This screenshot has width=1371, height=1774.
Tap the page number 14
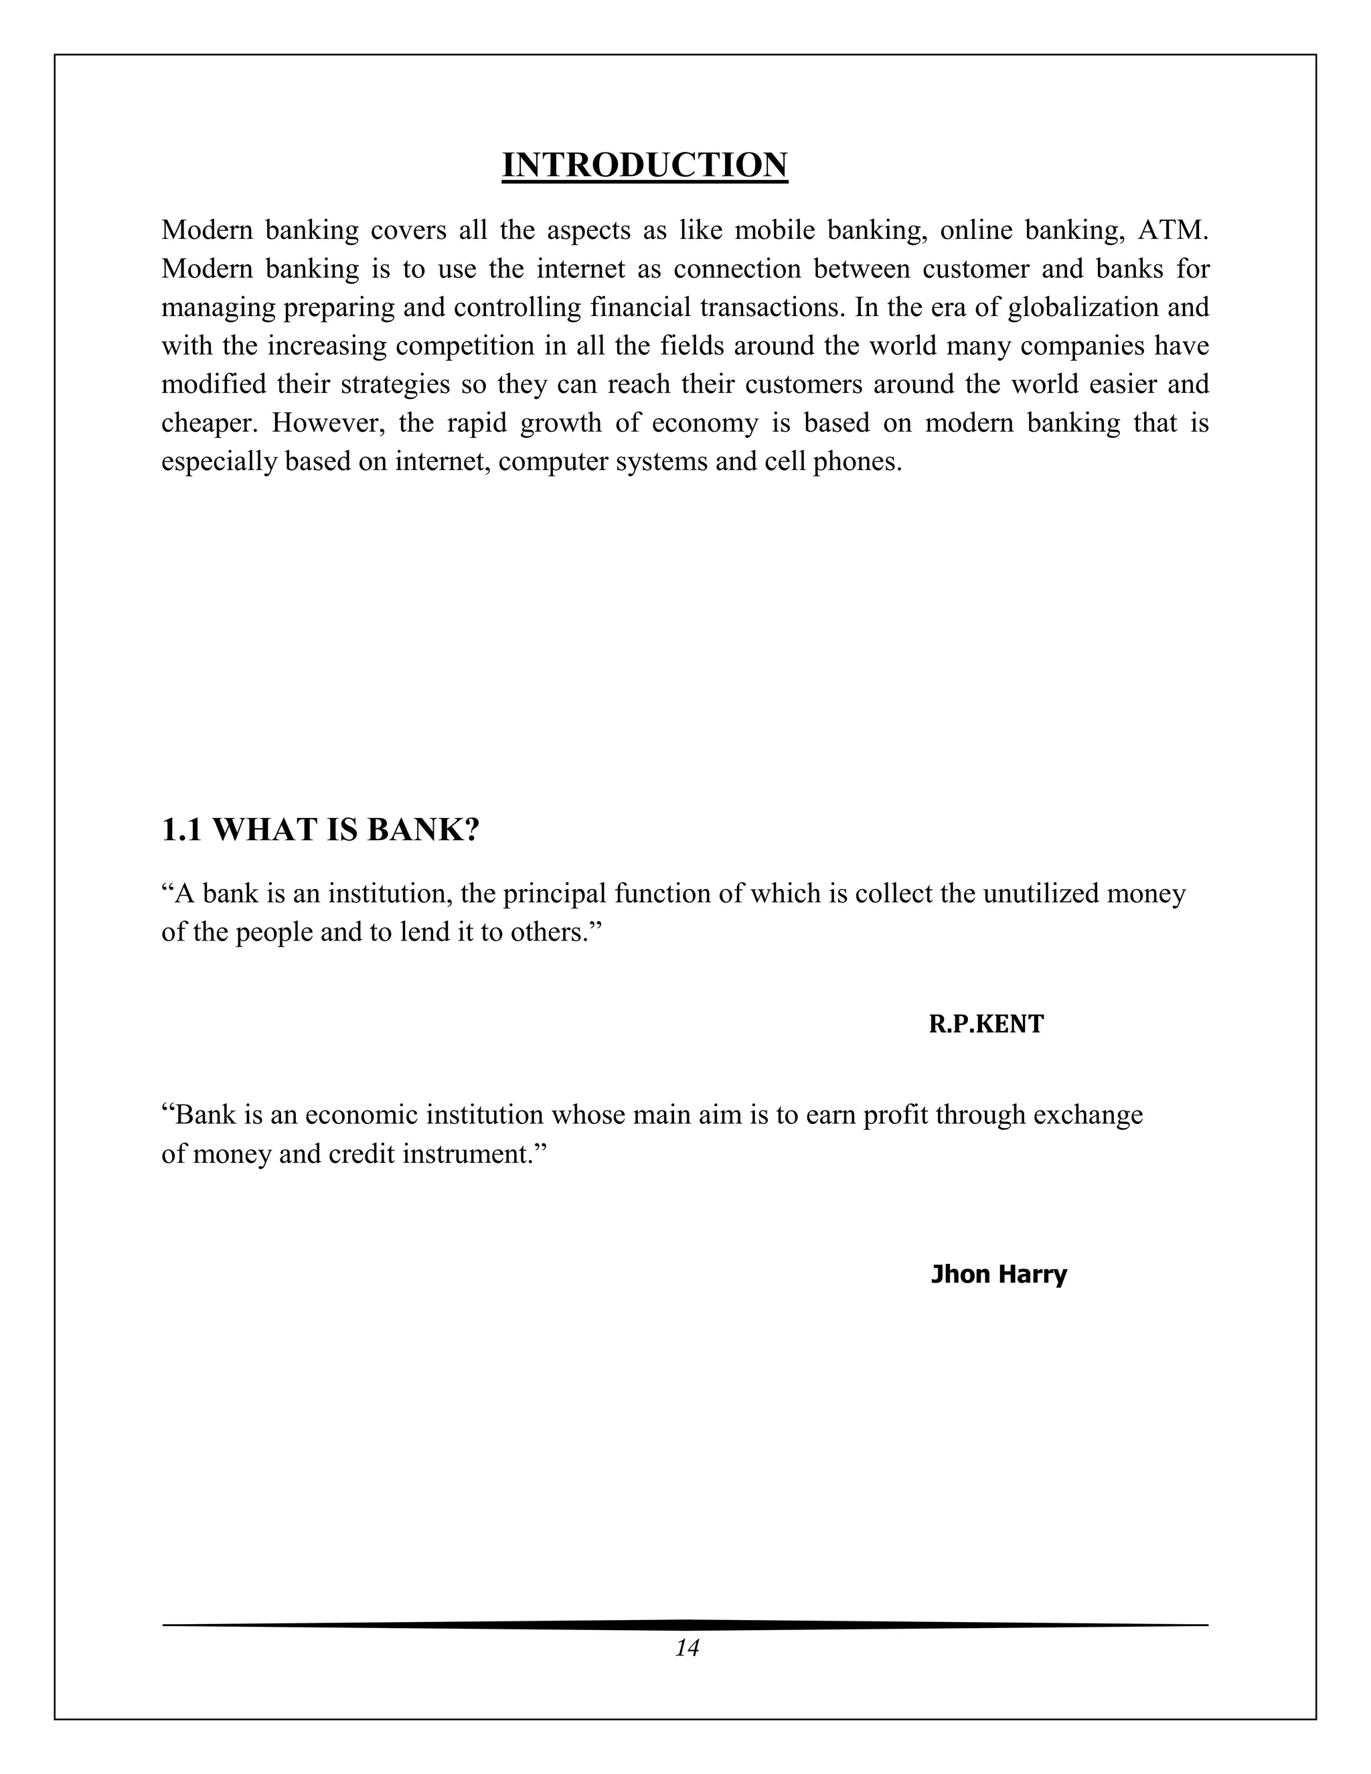686,1648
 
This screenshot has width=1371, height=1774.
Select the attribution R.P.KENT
986,1024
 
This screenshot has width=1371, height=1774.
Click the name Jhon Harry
998,1274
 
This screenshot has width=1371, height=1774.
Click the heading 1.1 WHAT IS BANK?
321,829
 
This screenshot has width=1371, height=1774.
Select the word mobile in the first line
774,231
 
